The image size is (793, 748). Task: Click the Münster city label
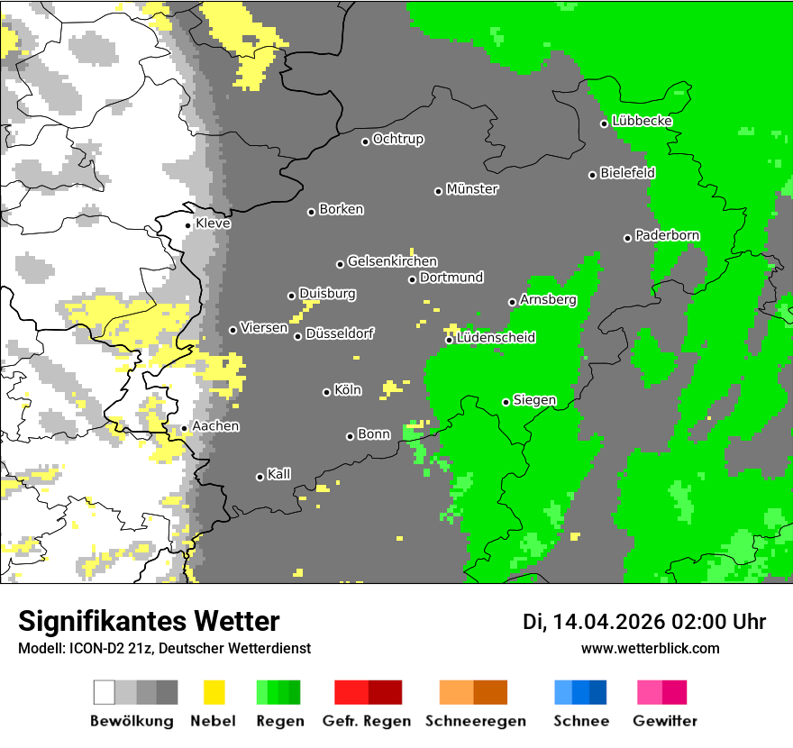click(x=472, y=189)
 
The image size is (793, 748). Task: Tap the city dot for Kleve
click(x=187, y=225)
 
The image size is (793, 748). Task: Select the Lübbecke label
click(x=642, y=121)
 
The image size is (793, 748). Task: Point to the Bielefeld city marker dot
click(x=593, y=175)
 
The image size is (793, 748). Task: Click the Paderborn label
click(x=667, y=235)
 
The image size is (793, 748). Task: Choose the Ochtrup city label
click(x=398, y=139)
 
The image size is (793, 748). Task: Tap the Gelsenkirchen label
click(x=392, y=261)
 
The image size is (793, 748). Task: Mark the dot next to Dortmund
click(x=412, y=279)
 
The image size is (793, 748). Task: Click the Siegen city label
click(x=534, y=400)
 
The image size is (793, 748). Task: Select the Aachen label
click(x=215, y=426)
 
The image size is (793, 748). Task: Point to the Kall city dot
click(x=260, y=477)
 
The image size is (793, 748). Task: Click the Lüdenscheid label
click(x=496, y=338)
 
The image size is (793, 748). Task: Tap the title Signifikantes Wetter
click(x=149, y=621)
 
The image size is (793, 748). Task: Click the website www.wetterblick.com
click(x=650, y=648)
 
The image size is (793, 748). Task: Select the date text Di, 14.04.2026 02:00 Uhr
click(x=643, y=622)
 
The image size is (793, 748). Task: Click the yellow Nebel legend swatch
click(x=214, y=692)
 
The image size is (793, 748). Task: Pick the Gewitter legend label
click(x=664, y=721)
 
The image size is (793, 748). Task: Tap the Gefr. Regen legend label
click(x=367, y=721)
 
